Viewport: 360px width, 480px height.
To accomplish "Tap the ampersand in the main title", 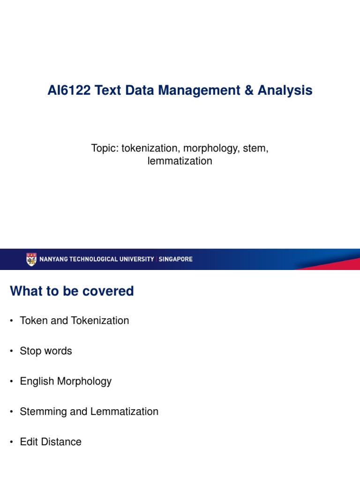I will point(247,90).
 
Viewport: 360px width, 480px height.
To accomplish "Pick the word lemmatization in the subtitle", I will point(180,161).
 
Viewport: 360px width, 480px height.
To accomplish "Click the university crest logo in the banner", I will point(31,259).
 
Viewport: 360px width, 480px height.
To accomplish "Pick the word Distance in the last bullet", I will point(61,442).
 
